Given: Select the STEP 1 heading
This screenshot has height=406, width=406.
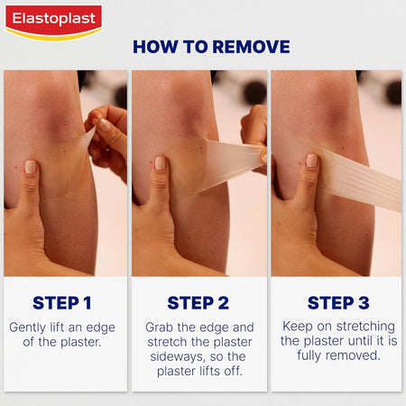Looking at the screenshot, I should (63, 302).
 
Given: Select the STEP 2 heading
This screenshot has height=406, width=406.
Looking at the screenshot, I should (198, 302).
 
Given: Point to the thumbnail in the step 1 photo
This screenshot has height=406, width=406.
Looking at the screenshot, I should (30, 168).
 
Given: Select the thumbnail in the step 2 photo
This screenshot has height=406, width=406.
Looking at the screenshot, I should (161, 163).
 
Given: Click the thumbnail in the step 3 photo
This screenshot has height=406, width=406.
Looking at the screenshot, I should (312, 161).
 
